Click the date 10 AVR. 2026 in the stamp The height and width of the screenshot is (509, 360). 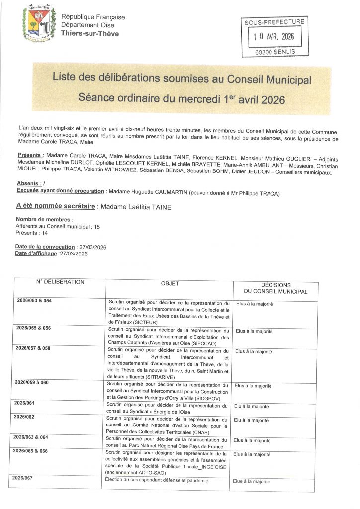pyautogui.click(x=273, y=36)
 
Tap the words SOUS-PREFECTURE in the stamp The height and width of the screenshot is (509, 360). pyautogui.click(x=273, y=22)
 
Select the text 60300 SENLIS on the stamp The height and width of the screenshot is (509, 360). pyautogui.click(x=273, y=51)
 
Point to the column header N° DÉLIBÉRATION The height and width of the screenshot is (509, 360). pyautogui.click(x=60, y=282)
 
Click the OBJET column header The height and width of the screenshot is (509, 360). pyautogui.click(x=170, y=284)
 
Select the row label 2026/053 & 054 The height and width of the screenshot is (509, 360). pyautogui.click(x=34, y=301)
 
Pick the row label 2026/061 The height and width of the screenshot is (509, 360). pyautogui.click(x=25, y=403)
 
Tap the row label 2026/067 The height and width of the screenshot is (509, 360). pyautogui.click(x=21, y=478)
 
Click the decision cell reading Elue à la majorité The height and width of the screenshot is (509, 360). pyautogui.click(x=251, y=481)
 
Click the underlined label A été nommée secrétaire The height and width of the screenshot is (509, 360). pyautogui.click(x=56, y=207)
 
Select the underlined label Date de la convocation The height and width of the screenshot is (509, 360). pyautogui.click(x=45, y=247)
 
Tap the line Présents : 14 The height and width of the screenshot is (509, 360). pyautogui.click(x=32, y=233)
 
